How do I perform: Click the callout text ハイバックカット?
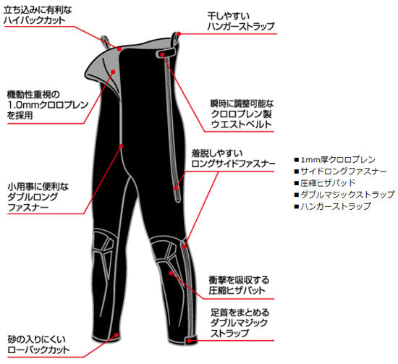35,20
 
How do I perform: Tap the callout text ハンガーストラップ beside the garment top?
241,26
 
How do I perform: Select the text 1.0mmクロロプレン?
48,105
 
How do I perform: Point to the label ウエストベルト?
242,124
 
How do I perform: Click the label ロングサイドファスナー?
233,164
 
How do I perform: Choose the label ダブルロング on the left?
33,197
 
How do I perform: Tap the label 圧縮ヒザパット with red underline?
237,290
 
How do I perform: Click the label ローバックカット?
38,350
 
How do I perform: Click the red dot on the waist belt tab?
162,54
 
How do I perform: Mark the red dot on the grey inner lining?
113,72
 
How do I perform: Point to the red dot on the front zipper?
121,146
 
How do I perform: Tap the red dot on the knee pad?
171,273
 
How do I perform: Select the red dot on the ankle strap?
189,340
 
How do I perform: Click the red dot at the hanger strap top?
179,34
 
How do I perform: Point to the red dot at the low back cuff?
117,335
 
